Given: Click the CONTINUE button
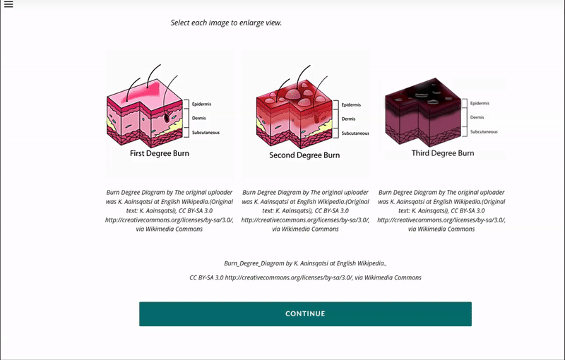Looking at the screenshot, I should coord(305,313).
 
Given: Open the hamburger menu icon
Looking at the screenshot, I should coord(8,5).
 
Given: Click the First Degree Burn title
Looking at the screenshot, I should coord(159,153).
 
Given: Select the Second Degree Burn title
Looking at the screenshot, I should coord(304,155).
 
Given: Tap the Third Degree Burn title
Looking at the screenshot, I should coord(443,152).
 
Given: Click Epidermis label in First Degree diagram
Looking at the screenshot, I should coord(201,104).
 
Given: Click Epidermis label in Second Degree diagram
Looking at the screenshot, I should coord(352,105).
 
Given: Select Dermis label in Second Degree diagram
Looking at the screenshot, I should coord(349,119).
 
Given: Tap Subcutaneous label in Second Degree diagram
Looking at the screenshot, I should coord(356,133).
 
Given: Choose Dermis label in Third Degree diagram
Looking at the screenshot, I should coord(477,117).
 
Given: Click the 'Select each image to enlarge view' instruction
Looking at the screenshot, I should coord(226,23).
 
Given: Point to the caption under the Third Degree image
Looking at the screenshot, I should coord(441,210).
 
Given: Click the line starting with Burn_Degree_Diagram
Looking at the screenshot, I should coord(305,263).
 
